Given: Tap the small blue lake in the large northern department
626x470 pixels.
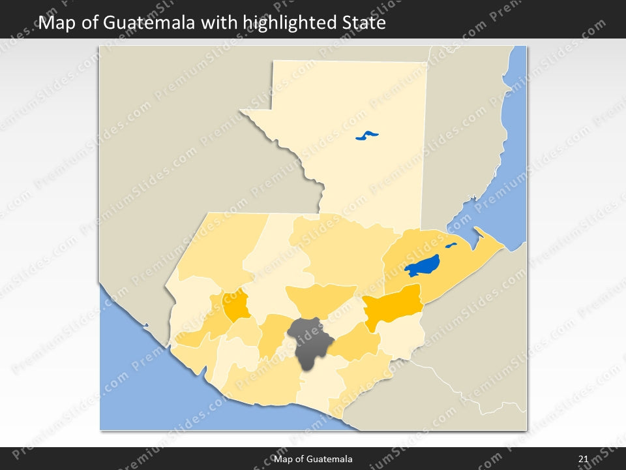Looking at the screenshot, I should [367, 136].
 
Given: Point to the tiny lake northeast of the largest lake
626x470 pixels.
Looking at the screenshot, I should [451, 246].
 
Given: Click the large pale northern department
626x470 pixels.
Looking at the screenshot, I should [365, 163].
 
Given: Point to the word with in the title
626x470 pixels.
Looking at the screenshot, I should [219, 23].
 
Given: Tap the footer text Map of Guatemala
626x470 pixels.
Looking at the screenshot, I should [314, 459].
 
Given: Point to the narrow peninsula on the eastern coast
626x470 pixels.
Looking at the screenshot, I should [490, 240].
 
